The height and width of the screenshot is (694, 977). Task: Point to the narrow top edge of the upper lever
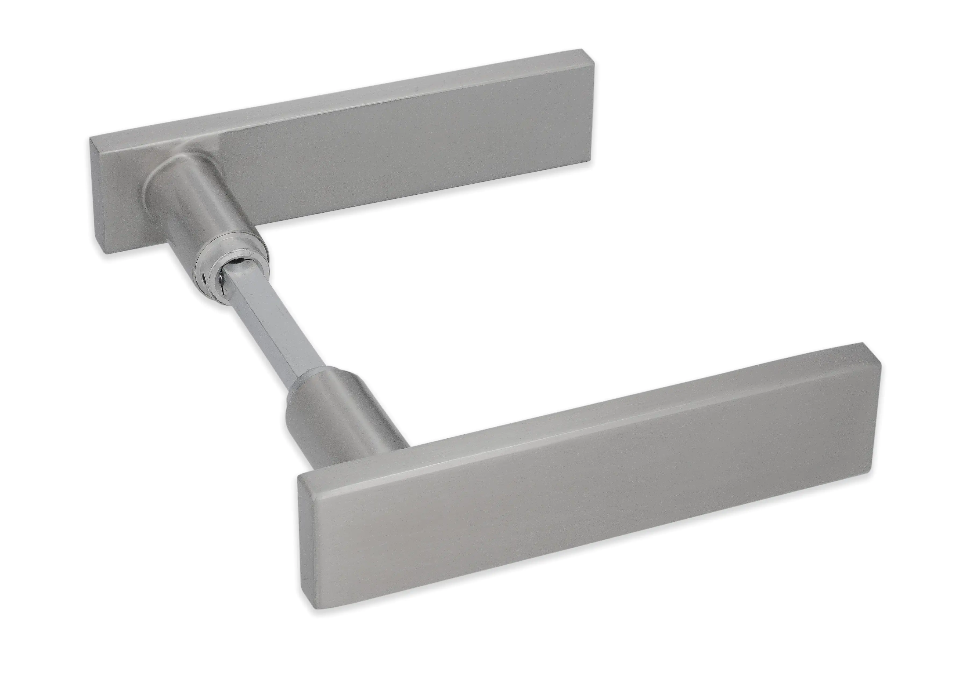[342, 98]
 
